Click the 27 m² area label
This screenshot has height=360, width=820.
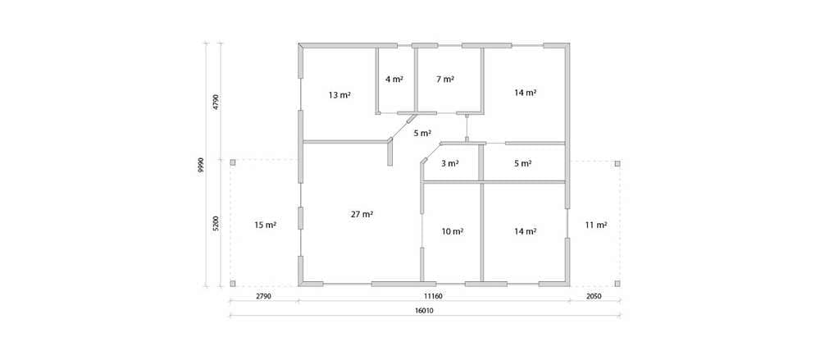coord(362,214)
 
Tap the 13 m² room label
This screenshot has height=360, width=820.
coord(339,95)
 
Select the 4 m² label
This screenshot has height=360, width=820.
coord(394,80)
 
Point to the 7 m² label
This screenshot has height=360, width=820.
coord(445,80)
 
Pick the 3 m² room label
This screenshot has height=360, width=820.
coord(449,163)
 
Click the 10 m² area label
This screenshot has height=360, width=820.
coord(453,231)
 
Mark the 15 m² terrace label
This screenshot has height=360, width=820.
coord(265,226)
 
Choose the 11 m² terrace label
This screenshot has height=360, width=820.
coord(595,226)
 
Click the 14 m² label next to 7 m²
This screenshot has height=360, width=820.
coord(525,93)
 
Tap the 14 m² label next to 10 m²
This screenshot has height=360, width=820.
coord(525,231)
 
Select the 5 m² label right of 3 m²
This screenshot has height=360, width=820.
coord(523,163)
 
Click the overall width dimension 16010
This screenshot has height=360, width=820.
coord(425,310)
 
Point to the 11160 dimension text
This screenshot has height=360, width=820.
coord(433,296)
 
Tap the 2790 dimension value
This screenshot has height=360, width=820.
coord(263,296)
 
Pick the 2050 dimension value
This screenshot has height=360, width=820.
coord(594,296)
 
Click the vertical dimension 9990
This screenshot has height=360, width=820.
coord(201,166)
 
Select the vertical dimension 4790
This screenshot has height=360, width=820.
coord(216,102)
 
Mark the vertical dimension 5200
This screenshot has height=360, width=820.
coord(216,224)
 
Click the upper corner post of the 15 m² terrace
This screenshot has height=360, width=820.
coord(233,162)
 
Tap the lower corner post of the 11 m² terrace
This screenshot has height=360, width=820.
coord(617,284)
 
